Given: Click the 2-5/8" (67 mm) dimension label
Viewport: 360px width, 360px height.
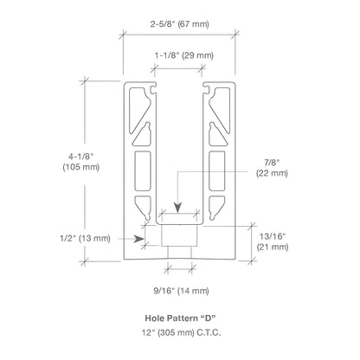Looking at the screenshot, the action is [179, 24].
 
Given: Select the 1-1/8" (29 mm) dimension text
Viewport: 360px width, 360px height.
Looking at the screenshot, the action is [184, 55].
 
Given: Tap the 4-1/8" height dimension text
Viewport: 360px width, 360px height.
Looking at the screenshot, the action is [81, 157].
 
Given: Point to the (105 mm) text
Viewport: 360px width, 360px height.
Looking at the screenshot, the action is [81, 167].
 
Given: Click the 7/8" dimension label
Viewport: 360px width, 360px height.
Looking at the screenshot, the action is [272, 163].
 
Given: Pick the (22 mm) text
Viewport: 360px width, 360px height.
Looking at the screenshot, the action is [272, 173].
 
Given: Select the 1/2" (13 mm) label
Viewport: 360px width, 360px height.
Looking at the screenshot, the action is [85, 239].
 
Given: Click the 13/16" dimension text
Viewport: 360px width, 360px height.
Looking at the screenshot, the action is [273, 236].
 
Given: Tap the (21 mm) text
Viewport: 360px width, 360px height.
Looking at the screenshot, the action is [273, 247].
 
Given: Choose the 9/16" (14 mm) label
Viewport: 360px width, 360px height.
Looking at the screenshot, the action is [181, 291].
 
